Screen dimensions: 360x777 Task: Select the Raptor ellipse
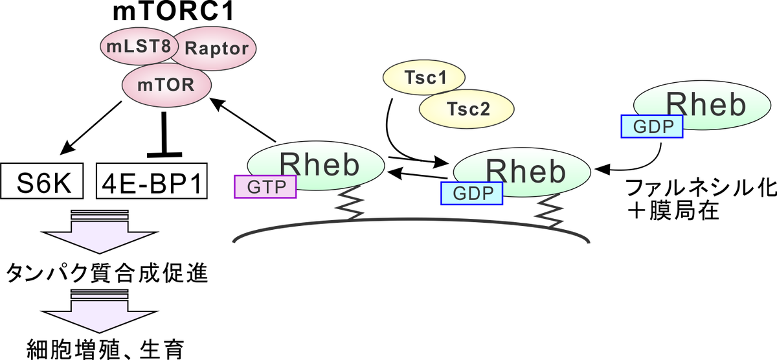coord(217,49)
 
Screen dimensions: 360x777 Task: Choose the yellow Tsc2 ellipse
coord(467,108)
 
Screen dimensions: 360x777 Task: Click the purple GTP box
coord(265,186)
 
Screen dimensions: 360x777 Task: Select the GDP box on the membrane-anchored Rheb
coord(471,193)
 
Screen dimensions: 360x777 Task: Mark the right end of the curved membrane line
coord(590,243)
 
